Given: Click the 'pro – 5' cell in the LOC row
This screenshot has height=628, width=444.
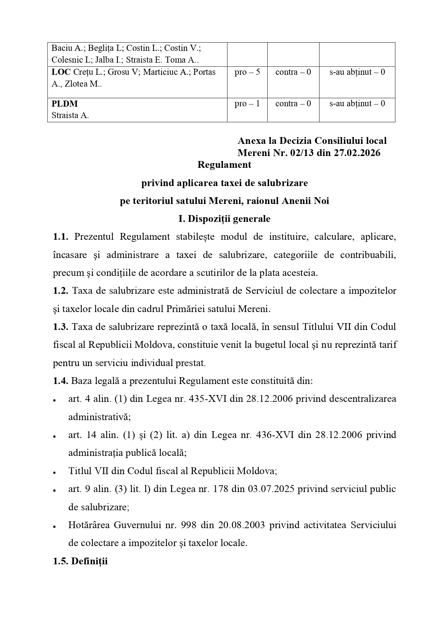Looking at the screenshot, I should pos(247,72).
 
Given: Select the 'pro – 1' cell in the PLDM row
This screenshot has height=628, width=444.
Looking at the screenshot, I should pos(247,104).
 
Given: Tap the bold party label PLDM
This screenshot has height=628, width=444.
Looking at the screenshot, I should pos(65,104).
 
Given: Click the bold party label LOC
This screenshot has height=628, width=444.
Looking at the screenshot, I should pos(61,72).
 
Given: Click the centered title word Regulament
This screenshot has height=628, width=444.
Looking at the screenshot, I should pos(224,165).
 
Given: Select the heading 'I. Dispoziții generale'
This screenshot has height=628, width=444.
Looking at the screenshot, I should pos(224,219).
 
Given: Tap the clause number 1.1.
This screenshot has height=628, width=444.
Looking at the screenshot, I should pos(60,237).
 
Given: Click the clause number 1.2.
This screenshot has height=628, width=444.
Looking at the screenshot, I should pos(60,291).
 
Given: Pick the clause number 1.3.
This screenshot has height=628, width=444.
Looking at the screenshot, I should pos(60,327).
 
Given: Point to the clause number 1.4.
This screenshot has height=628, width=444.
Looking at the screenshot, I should pos(60,381).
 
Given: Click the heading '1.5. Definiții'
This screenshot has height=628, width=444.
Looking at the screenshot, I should pos(80,561).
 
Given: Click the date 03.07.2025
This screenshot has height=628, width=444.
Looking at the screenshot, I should pos(270,489).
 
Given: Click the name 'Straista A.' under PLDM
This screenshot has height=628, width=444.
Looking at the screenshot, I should pos(70,116).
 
